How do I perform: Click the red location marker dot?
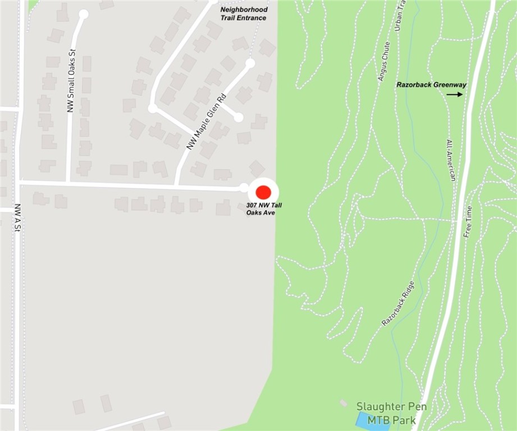pos(263,192)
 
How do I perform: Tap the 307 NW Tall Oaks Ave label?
pos(264,209)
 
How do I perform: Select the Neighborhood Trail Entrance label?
pos(244,14)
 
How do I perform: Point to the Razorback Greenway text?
pos(431,85)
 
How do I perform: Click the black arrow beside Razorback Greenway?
pos(455,94)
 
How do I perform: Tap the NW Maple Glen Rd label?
pos(205,121)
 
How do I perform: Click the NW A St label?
pos(17,218)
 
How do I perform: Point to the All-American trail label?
pos(450,160)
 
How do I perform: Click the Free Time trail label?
pos(467,221)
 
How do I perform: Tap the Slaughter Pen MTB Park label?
pos(391,413)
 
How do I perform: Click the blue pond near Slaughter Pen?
pos(372,421)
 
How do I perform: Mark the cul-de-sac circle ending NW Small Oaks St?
pos(84,14)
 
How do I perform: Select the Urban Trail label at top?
pos(400,17)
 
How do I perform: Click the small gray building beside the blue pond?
pos(344,403)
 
